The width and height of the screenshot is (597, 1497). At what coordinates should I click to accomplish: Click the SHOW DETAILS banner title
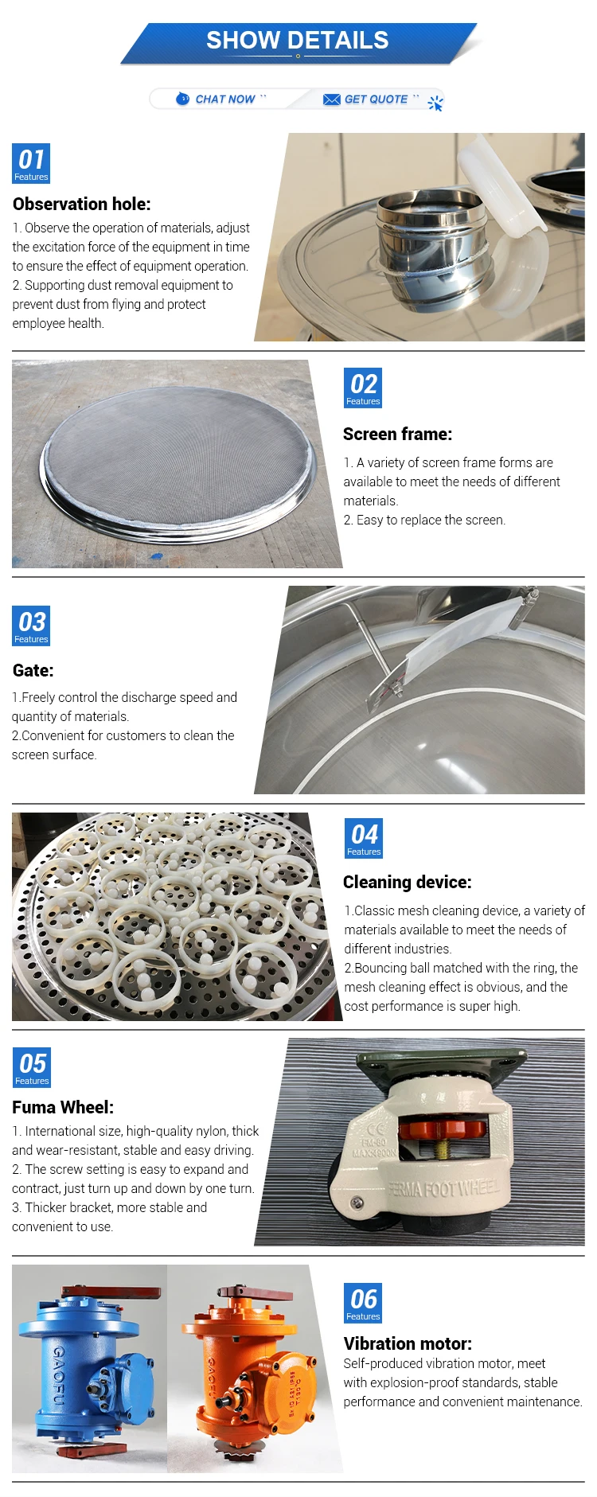[x=298, y=40]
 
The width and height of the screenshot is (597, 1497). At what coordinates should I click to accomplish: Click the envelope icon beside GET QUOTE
[x=332, y=99]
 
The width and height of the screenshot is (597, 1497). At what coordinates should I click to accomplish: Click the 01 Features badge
[x=31, y=163]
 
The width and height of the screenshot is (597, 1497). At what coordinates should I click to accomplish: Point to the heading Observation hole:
[x=82, y=204]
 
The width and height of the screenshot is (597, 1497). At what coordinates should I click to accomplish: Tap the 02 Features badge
[x=363, y=388]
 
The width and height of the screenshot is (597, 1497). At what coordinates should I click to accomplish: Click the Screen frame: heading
[x=397, y=434]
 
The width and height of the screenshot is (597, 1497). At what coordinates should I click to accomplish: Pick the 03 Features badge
[x=31, y=626]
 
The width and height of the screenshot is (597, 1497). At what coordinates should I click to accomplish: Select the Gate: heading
[x=33, y=670]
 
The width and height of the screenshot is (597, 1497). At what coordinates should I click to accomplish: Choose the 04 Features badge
[x=364, y=839]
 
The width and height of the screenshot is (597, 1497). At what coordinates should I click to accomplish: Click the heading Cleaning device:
[x=408, y=882]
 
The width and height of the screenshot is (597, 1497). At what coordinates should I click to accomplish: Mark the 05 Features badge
[x=32, y=1068]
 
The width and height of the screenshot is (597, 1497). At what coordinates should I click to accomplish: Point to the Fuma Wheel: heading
[x=63, y=1107]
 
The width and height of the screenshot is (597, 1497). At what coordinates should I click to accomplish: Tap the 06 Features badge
[x=363, y=1303]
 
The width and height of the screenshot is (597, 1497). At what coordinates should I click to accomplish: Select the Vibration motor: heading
[x=408, y=1343]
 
